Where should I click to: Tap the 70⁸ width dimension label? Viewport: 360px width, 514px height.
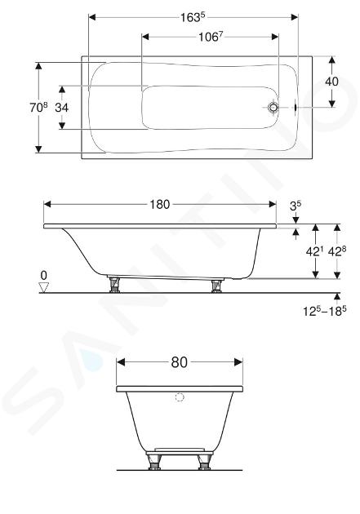(38, 107)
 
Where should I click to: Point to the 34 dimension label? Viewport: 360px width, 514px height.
(62, 107)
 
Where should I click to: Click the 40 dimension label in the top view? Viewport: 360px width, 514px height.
(331, 82)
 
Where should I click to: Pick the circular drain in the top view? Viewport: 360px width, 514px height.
(273, 107)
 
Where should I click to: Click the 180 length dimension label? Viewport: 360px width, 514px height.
(160, 205)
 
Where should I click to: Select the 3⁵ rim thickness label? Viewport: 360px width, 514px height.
(296, 206)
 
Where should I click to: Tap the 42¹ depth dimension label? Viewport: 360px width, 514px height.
(314, 251)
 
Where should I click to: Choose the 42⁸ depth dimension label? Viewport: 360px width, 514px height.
(337, 251)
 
